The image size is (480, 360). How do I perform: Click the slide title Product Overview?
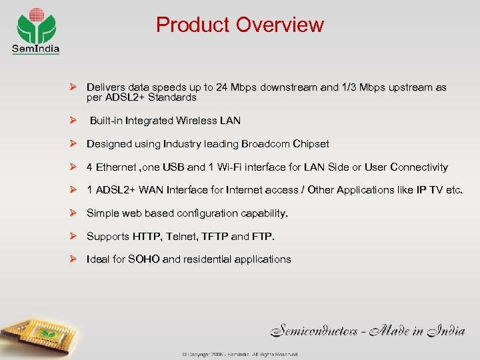[x=239, y=25]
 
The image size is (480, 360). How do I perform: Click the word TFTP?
[x=215, y=236]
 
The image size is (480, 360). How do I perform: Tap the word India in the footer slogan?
[x=443, y=329]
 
